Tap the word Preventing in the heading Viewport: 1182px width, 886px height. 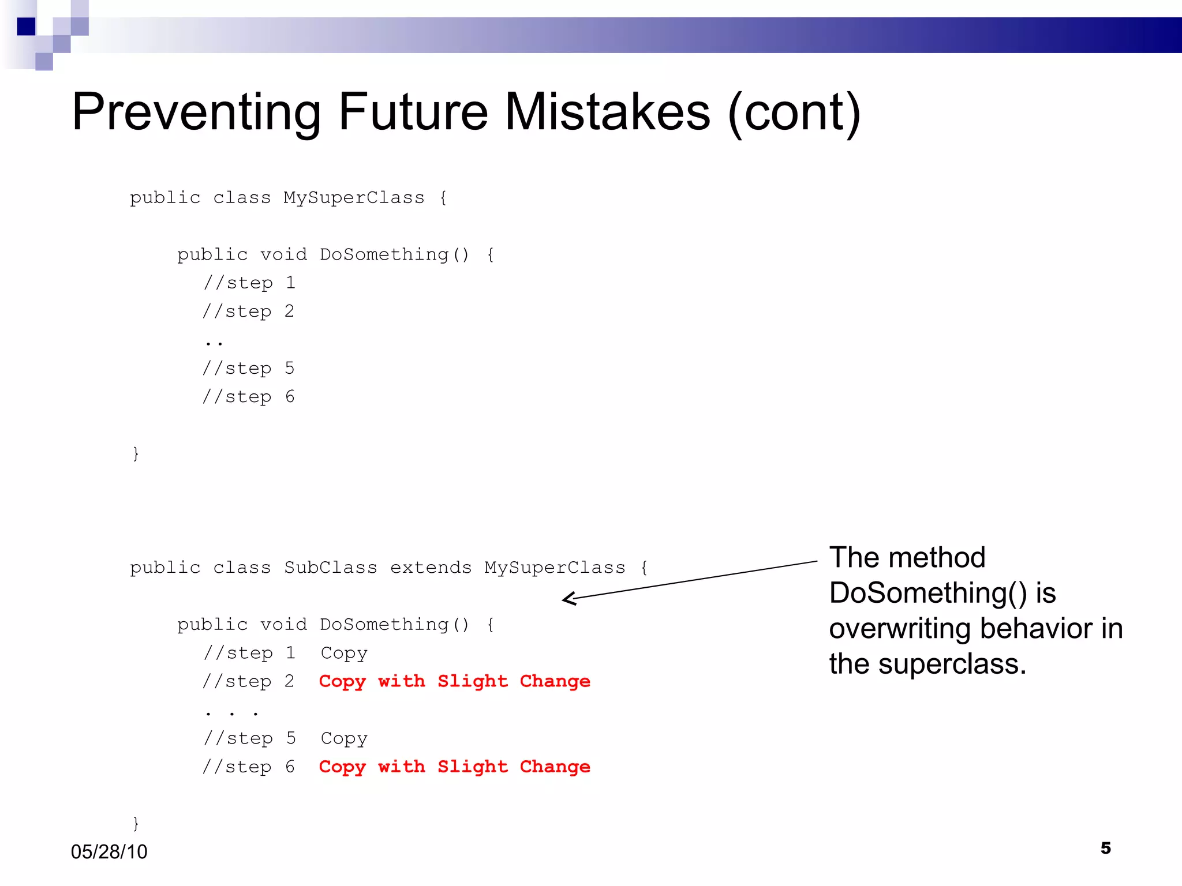tap(196, 112)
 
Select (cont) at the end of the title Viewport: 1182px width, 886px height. tap(794, 112)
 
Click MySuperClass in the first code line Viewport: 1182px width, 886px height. tap(354, 198)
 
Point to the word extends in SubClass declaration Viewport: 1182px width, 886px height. tap(431, 568)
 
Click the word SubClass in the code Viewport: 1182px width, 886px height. tap(330, 568)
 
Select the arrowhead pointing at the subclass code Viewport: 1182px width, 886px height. tap(568, 599)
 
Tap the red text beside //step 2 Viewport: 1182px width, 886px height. tap(454, 681)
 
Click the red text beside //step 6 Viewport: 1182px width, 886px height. tap(454, 767)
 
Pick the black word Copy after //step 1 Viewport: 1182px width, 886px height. tap(344, 654)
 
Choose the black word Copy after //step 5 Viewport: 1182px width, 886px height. tap(344, 739)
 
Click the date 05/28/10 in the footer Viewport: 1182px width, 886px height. tap(109, 851)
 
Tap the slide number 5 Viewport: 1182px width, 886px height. tap(1105, 848)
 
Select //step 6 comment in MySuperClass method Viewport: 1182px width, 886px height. tap(248, 397)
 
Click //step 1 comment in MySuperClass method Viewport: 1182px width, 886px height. tap(249, 283)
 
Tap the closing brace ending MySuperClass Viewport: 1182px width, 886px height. tap(136, 453)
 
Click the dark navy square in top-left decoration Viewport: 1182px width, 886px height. tap(27, 27)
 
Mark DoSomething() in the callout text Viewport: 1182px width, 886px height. tap(927, 593)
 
